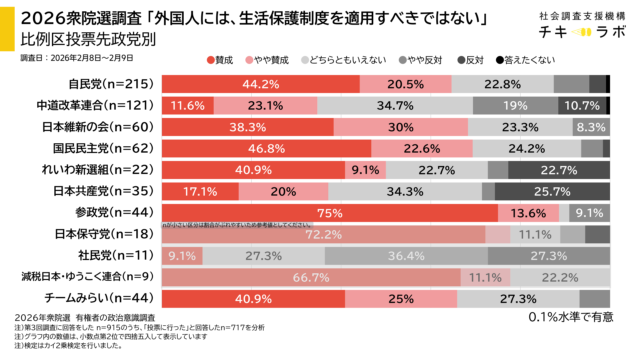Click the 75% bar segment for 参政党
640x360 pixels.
pyautogui.click(x=329, y=212)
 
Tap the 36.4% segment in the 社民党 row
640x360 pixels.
pyautogui.click(x=407, y=255)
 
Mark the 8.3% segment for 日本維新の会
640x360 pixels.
pyautogui.click(x=591, y=126)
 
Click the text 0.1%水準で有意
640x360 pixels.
pyautogui.click(x=566, y=318)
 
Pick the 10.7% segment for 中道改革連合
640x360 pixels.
pyautogui.click(x=580, y=105)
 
